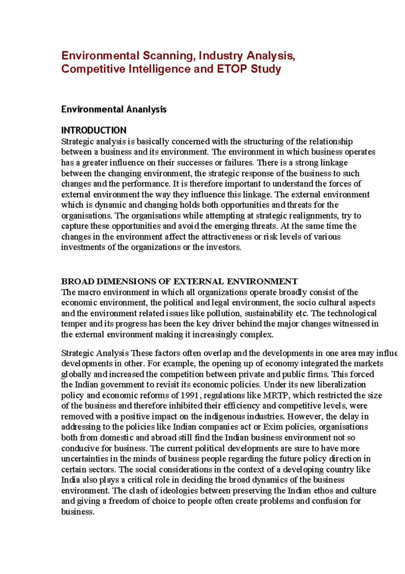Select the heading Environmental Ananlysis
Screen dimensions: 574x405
[114, 110]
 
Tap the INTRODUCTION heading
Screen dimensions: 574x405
[94, 130]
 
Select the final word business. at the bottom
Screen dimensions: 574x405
[78, 512]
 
